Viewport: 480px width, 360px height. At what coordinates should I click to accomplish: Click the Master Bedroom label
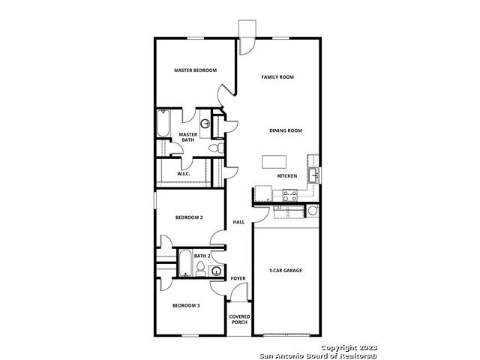[x=195, y=70]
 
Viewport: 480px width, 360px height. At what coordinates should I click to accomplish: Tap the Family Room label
[x=277, y=76]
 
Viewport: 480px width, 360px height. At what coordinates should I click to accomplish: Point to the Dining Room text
[x=286, y=130]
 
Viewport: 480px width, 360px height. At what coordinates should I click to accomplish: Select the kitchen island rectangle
[x=274, y=162]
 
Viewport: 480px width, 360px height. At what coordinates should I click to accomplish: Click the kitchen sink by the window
[x=313, y=175]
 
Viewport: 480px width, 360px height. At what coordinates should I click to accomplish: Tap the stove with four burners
[x=290, y=196]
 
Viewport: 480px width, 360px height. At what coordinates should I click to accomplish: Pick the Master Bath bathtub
[x=163, y=123]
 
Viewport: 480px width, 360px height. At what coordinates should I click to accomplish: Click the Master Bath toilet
[x=216, y=148]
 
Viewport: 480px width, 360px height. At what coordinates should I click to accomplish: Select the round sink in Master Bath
[x=205, y=124]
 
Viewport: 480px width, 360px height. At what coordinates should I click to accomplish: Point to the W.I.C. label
[x=183, y=174]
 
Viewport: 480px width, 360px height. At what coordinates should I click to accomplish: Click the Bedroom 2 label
[x=189, y=217]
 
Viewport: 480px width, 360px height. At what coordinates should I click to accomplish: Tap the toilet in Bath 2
[x=200, y=268]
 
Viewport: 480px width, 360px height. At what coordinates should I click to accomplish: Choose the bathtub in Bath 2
[x=185, y=263]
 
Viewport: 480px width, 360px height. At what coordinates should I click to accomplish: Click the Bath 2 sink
[x=217, y=271]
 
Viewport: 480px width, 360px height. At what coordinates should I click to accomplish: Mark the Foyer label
[x=238, y=278]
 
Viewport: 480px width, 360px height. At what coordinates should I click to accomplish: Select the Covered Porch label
[x=239, y=319]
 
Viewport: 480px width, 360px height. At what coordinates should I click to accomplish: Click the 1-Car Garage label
[x=285, y=271]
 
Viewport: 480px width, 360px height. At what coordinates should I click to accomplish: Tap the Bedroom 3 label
[x=186, y=305]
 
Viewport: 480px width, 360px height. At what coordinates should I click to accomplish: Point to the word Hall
[x=238, y=222]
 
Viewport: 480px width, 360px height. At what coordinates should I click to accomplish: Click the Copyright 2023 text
[x=349, y=348]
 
